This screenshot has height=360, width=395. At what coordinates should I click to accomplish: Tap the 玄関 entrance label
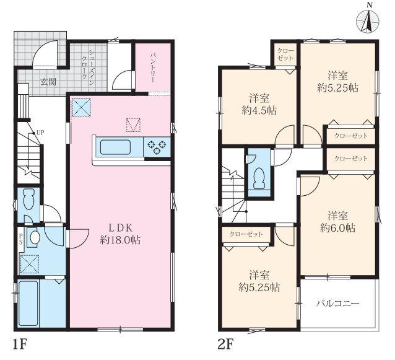49,82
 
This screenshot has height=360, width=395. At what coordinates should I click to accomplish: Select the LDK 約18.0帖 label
120,234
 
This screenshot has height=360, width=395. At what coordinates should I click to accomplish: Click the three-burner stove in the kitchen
157,147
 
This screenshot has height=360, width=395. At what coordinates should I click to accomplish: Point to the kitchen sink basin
115,147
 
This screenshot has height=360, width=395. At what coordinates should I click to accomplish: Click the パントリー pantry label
153,68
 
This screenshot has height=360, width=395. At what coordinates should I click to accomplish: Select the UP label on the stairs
40,133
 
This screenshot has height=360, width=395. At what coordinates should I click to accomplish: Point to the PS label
20,238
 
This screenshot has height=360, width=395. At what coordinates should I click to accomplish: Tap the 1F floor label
20,345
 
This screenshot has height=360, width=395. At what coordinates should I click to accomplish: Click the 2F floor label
226,345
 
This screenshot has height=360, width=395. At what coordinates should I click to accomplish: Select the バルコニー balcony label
338,303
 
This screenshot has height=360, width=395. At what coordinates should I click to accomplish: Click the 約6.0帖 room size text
338,228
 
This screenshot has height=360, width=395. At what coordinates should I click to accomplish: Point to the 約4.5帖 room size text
259,110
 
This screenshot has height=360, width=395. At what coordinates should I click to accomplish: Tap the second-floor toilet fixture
259,178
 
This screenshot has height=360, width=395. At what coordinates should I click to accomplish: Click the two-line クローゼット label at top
285,54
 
